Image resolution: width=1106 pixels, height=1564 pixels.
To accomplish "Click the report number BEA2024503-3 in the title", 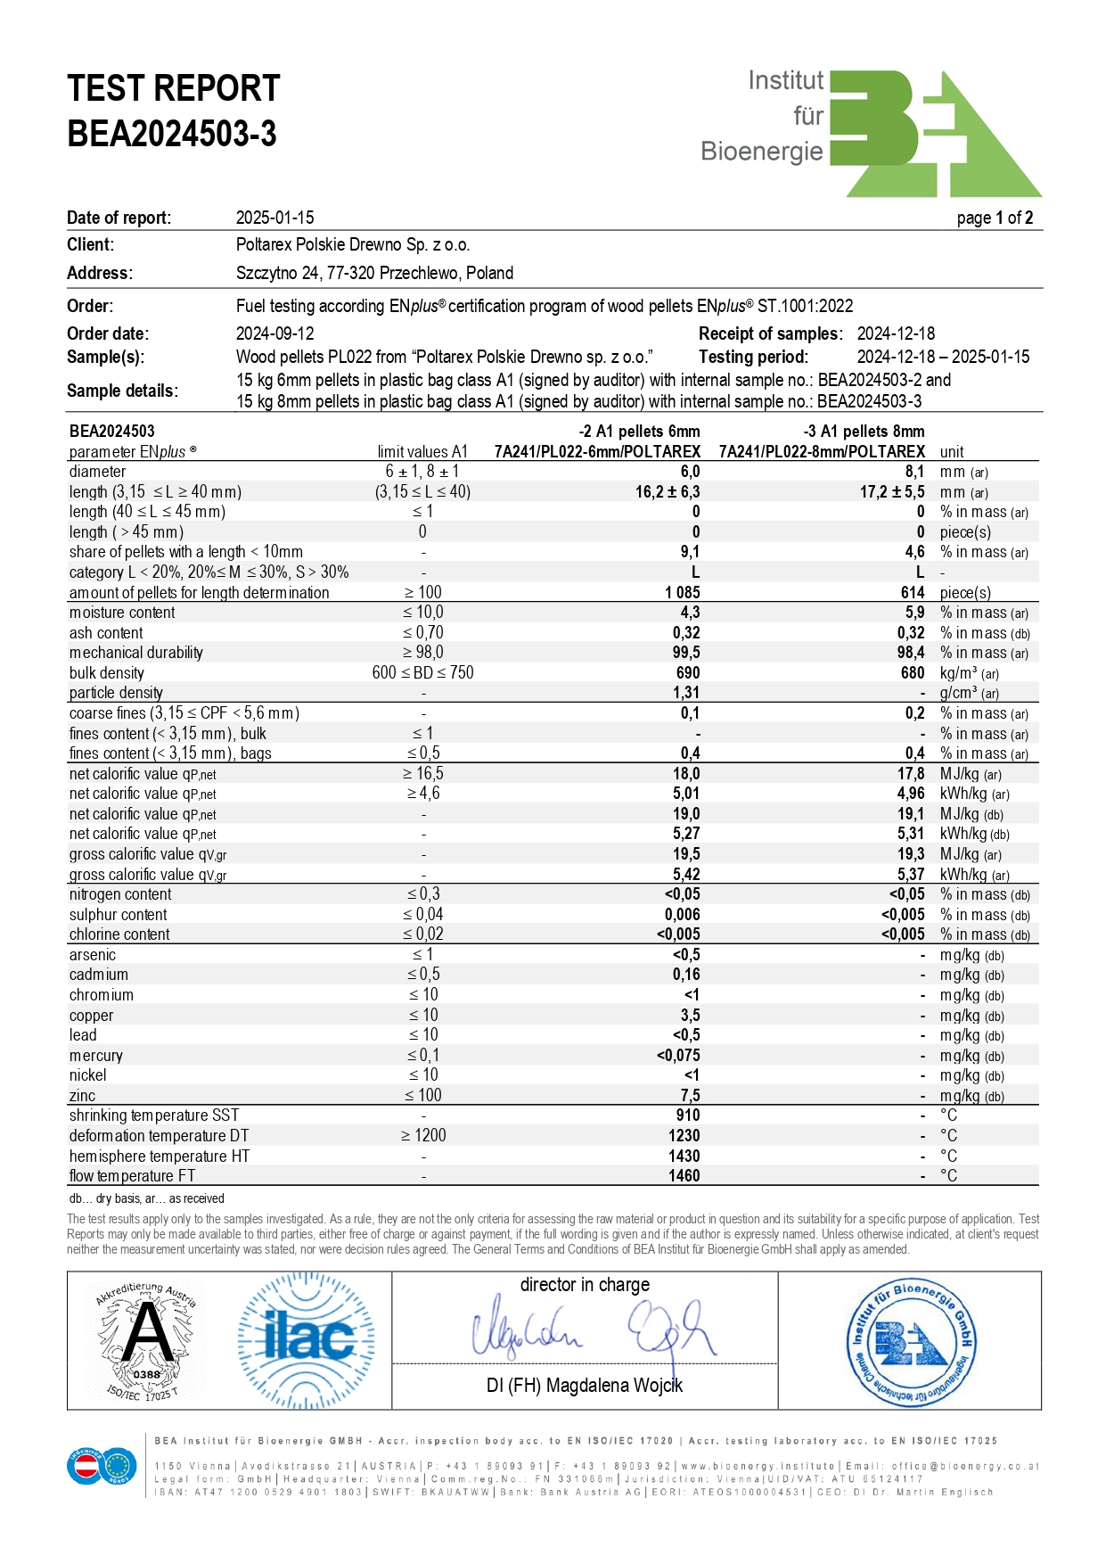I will coord(172,135).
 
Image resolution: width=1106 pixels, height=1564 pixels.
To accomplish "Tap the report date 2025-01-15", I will coord(274,218).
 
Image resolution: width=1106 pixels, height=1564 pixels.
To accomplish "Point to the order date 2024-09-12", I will coord(274,333).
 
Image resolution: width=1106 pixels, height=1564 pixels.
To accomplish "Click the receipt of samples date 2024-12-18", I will coord(896,333).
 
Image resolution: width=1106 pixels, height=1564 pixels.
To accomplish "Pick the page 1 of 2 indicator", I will coord(995,218).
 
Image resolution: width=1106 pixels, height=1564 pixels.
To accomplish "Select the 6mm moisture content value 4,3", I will coord(690,613).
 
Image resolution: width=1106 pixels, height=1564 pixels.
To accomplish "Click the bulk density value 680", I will coord(912,673).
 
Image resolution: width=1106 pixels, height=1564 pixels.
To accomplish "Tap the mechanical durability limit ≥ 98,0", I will coord(422,653).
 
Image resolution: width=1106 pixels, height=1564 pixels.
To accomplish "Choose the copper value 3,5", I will coord(690,1016).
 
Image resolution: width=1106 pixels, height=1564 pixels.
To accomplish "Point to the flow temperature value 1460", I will coord(684,1176).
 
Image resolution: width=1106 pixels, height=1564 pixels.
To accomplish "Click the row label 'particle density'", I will coord(116,693).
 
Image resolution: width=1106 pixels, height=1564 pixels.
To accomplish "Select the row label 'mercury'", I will coord(96,1056).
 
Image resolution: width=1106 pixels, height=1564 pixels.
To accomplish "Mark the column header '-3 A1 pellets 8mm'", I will coord(864,432).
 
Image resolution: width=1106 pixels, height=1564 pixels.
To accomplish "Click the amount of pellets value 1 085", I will coord(682,593).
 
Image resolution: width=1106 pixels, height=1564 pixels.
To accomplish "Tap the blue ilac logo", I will coord(306,1340).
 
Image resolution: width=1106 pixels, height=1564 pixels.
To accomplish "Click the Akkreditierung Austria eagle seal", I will coord(146,1340).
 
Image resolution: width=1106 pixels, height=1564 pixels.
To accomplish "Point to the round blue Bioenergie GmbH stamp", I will coord(909,1341).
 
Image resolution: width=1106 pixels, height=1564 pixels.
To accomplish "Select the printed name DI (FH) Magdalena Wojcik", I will coord(585,1386).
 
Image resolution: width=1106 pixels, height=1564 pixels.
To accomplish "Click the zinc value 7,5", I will coord(690,1096).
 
